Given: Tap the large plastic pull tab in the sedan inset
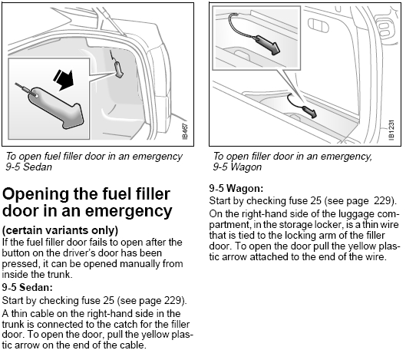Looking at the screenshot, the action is (57, 107).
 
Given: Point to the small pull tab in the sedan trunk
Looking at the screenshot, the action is (118, 69).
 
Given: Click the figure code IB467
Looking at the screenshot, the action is (185, 131).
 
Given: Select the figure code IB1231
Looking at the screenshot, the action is (391, 130).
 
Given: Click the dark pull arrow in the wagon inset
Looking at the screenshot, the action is (268, 45).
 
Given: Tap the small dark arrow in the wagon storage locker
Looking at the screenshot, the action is (309, 112).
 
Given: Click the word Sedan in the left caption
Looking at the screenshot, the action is (38, 167).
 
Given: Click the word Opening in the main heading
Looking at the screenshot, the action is (36, 194).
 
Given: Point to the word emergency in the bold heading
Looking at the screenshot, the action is (128, 211).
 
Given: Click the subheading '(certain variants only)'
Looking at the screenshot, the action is (60, 230).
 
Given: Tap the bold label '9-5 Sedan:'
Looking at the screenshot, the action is (27, 287).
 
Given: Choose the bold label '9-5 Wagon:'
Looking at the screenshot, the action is (236, 188).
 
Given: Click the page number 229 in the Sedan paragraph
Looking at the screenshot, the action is (173, 300).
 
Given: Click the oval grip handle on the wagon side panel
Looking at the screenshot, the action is (319, 25).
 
